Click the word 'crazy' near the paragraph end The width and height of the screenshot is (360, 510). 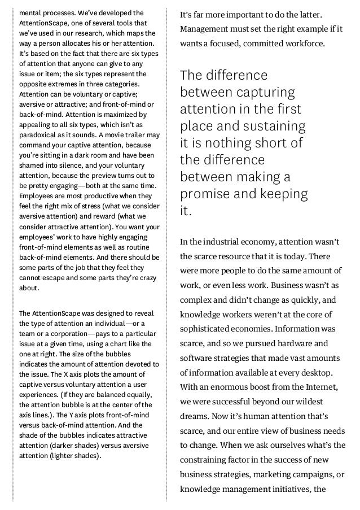pos(146,277)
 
